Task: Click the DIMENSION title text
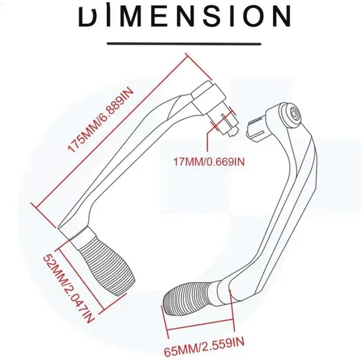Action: (185, 16)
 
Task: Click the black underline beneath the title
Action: (184, 44)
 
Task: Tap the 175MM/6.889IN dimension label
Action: (101, 121)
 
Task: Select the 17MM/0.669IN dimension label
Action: (209, 162)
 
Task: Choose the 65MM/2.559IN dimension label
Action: (204, 346)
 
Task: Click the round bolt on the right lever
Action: (294, 112)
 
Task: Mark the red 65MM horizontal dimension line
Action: (201, 324)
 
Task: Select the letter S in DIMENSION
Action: (209, 16)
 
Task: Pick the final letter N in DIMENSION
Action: (281, 16)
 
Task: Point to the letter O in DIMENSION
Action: (251, 16)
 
